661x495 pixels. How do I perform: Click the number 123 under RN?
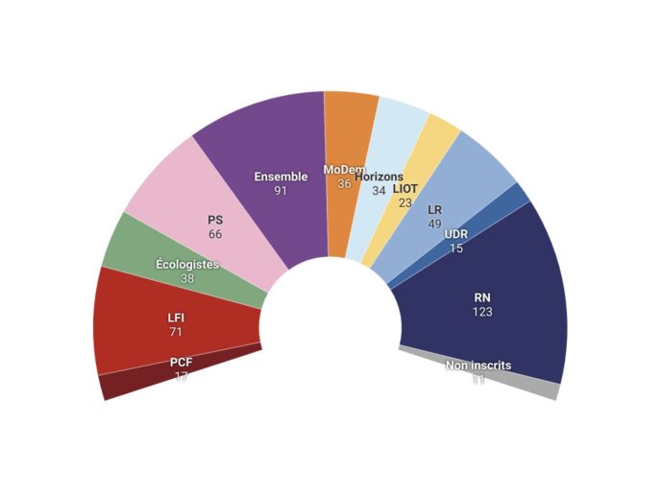point(482,312)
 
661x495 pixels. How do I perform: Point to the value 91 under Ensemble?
point(281,191)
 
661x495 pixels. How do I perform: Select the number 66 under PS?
point(215,234)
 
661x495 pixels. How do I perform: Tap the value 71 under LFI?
point(175,331)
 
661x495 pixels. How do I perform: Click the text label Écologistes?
point(187,264)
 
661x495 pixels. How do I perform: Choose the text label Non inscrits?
point(478,365)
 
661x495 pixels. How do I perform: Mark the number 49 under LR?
point(434,224)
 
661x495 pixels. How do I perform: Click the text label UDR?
point(456,234)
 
